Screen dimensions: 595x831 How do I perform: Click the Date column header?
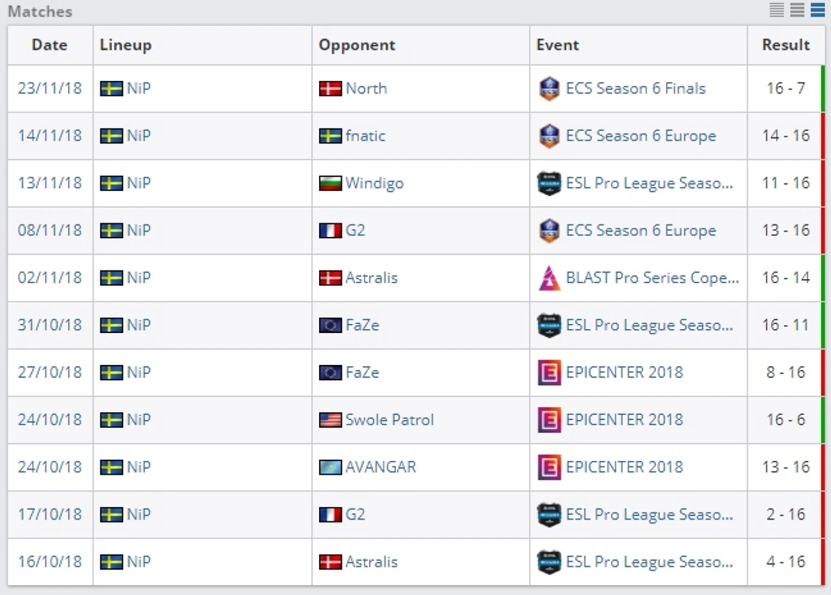pos(50,45)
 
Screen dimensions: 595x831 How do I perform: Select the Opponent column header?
pos(356,45)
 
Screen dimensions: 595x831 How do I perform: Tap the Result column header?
pos(785,45)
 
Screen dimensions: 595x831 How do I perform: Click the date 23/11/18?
pos(50,89)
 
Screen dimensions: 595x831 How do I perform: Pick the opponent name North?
pos(366,89)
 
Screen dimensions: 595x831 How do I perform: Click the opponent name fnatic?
pos(365,136)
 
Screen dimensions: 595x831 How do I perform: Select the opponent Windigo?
pos(374,183)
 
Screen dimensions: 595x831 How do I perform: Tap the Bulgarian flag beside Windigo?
pos(330,183)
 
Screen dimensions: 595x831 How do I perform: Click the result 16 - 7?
pos(785,89)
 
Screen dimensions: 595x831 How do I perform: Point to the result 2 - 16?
pos(785,515)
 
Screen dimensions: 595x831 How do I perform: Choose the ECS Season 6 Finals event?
pos(635,89)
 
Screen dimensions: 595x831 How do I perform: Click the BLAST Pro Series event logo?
pos(549,278)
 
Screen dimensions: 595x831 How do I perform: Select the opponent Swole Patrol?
pos(389,420)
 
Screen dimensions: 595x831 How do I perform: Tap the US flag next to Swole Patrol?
pos(330,420)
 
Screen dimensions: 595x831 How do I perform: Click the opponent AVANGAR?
pos(380,467)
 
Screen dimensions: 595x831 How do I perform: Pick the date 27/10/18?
pos(50,373)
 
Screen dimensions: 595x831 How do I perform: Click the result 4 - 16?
pos(785,562)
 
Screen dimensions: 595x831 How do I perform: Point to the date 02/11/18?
pos(50,278)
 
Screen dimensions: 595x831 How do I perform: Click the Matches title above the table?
pos(40,11)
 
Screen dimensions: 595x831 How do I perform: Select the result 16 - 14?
pos(785,278)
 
